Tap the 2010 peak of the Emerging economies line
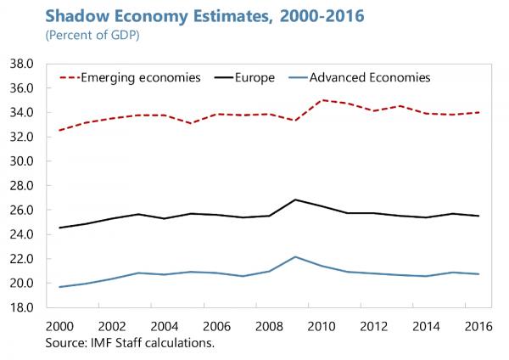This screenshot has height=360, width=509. [323, 100]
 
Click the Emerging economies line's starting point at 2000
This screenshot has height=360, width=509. [59, 130]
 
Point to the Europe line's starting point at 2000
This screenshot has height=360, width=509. [59, 228]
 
